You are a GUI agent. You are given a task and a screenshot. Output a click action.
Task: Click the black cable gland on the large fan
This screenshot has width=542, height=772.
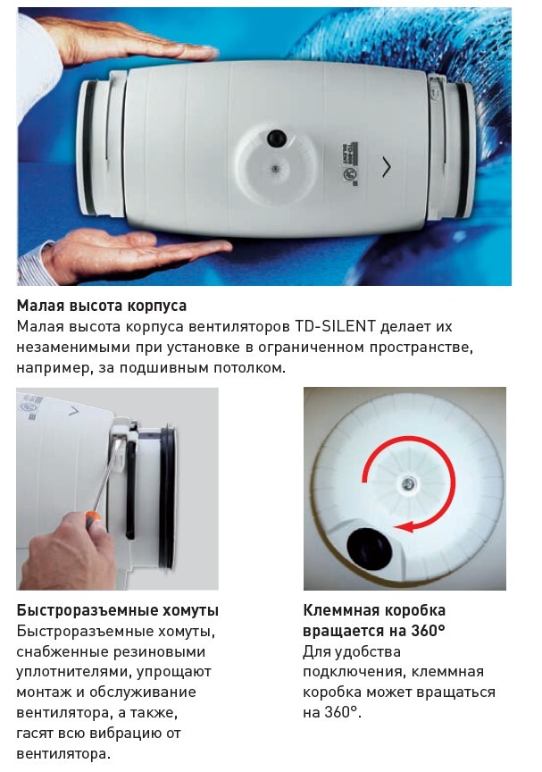pos(277,138)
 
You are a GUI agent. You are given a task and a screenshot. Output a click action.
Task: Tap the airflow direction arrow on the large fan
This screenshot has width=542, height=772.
pos(387,167)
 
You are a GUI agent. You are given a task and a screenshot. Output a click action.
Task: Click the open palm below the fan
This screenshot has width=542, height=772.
pos(128,254)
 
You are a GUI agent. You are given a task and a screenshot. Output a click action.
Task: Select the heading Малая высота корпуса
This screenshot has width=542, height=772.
pos(102,306)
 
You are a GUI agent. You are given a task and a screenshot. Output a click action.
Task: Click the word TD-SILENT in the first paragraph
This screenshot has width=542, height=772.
pos(336,326)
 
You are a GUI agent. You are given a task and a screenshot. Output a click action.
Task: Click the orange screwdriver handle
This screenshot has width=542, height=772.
pos(93,519)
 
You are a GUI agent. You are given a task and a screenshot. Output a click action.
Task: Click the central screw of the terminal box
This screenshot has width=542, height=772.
pos(408,484)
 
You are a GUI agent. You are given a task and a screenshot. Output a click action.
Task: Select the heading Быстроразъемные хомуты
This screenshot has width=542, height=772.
pos(118,610)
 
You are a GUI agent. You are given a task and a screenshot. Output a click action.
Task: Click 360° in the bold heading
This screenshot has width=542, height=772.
pos(429,631)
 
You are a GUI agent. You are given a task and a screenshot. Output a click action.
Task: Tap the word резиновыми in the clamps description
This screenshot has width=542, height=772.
pos(160,651)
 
